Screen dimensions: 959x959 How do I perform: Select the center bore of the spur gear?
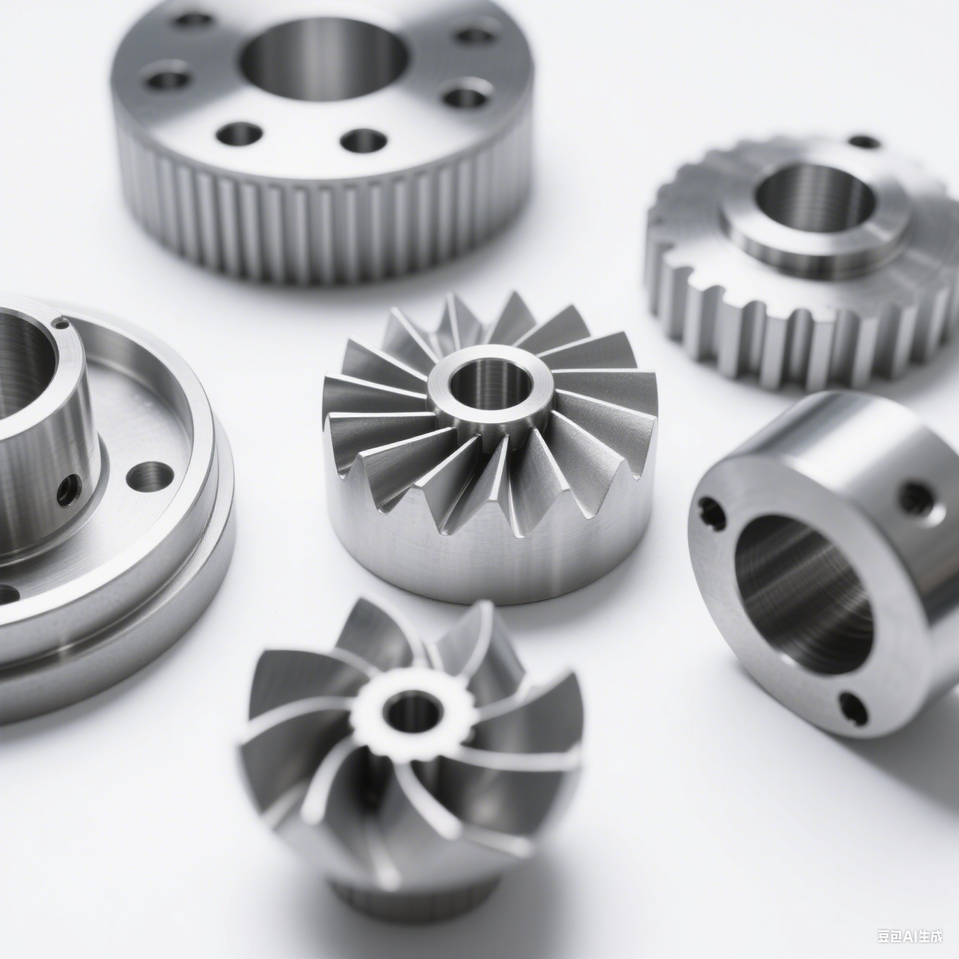point(815,199)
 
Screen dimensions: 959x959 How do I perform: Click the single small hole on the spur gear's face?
point(865,142)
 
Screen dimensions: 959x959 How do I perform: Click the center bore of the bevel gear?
point(492,383)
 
